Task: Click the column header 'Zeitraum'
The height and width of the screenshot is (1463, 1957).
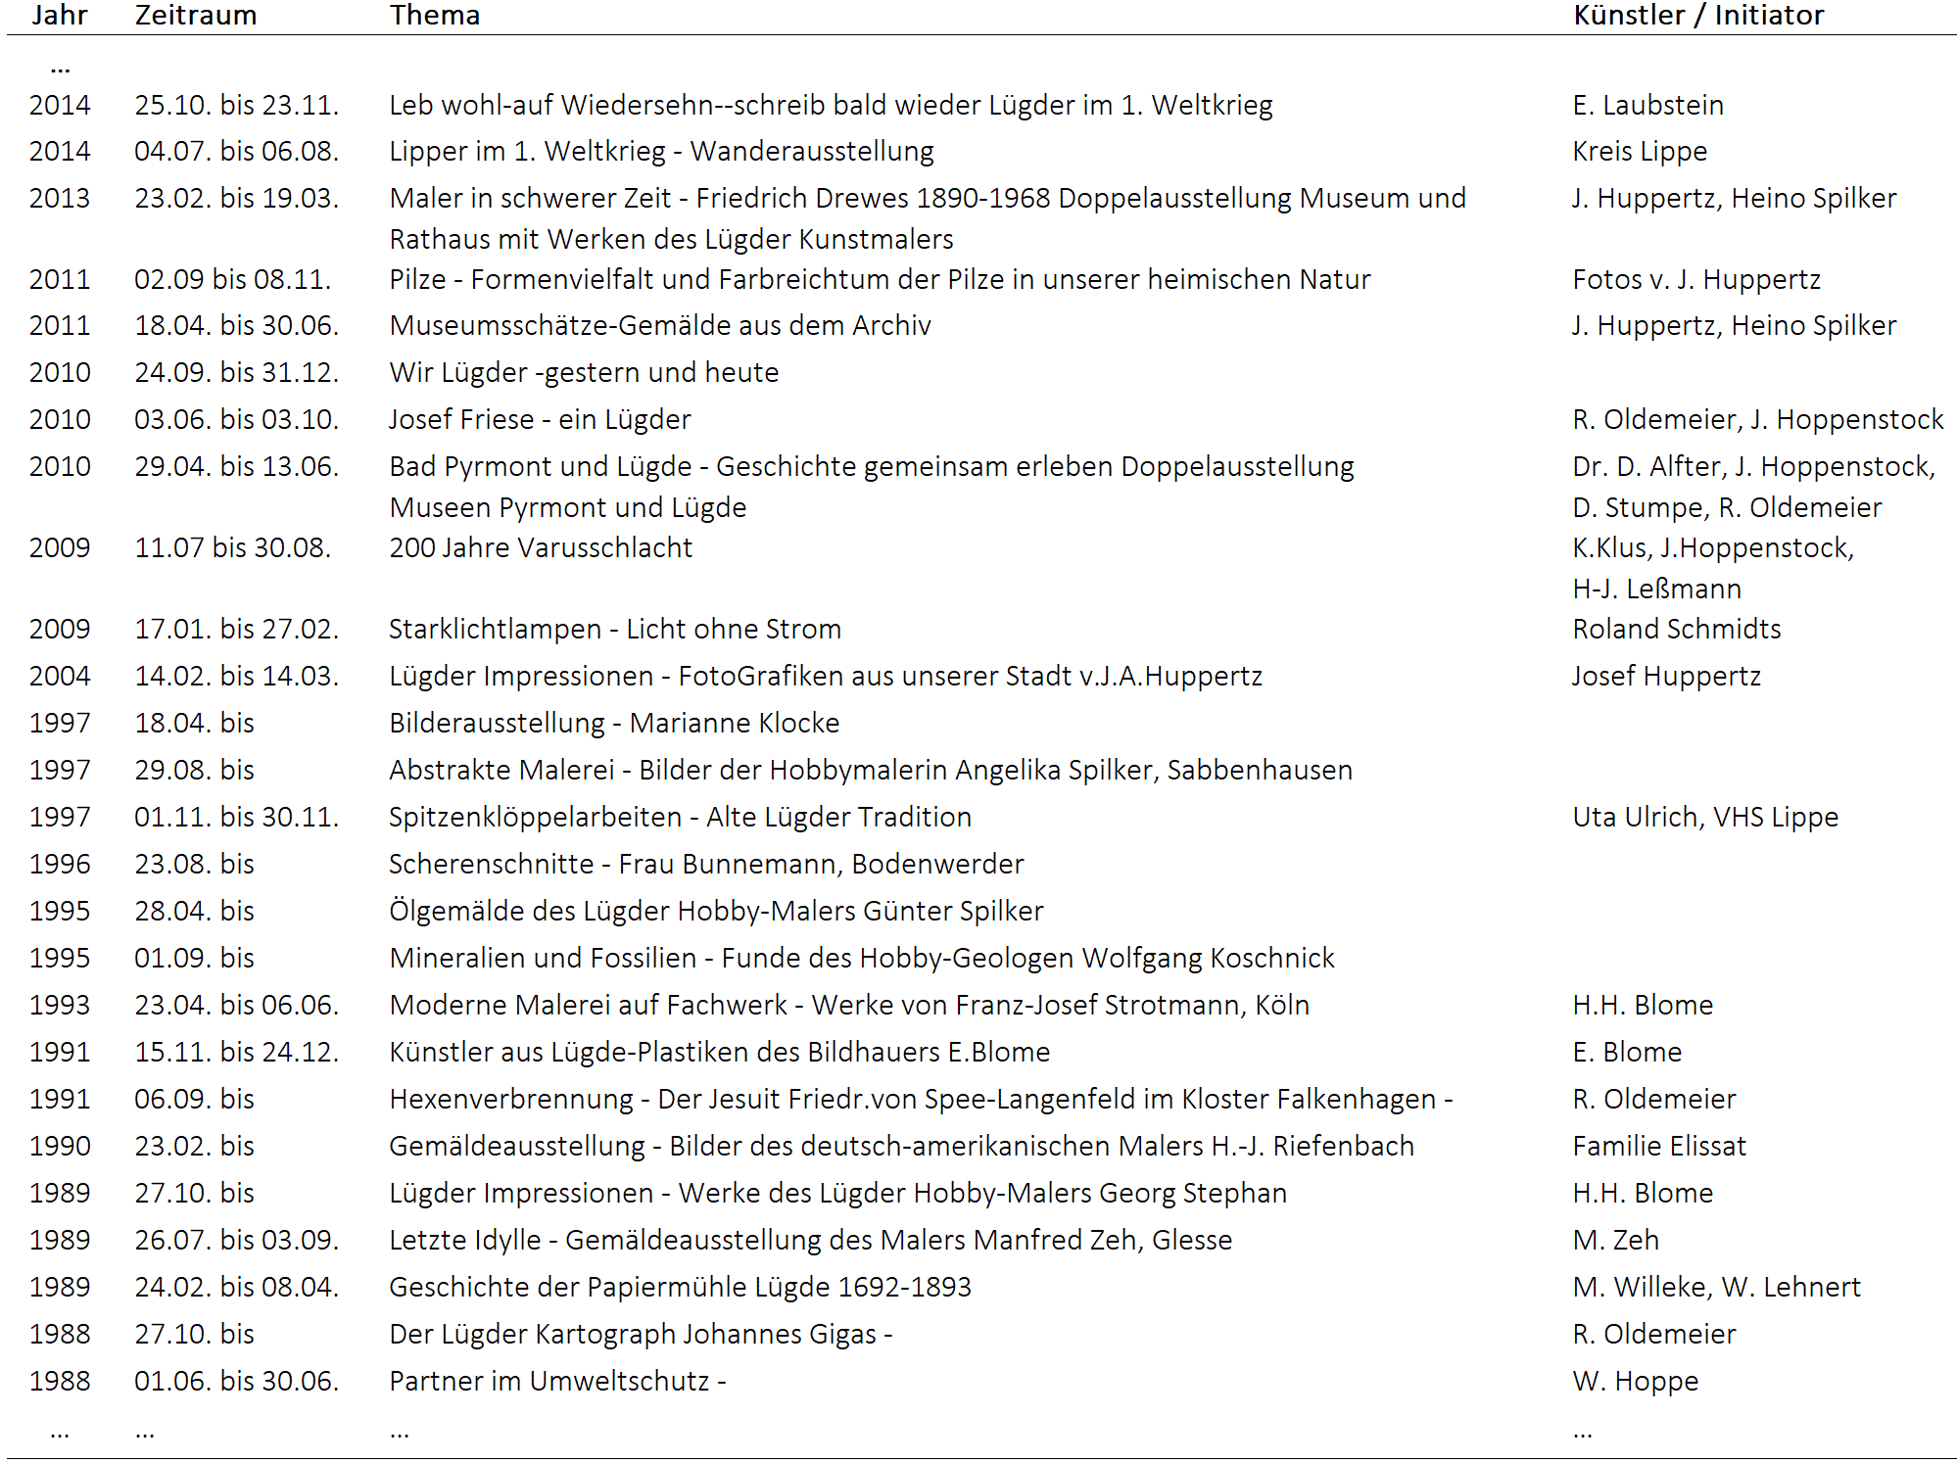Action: tap(196, 16)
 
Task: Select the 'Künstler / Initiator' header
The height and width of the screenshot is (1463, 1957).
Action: tap(1698, 16)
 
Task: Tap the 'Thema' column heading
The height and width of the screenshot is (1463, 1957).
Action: tap(435, 16)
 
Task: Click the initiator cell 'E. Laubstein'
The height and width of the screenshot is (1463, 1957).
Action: tap(1647, 106)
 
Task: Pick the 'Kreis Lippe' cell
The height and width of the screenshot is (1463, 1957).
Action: tap(1640, 152)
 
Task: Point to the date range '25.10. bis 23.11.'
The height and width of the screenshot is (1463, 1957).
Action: tap(236, 106)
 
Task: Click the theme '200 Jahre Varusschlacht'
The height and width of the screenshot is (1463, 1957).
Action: tap(541, 548)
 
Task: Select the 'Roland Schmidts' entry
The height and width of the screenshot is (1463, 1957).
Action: tap(1676, 630)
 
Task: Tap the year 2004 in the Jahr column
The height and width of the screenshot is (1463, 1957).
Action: tap(60, 677)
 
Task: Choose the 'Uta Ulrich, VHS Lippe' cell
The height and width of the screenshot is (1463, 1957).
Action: tap(1705, 818)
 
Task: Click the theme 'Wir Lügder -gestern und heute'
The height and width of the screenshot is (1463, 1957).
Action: tap(584, 373)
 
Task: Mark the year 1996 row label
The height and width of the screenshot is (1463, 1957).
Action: tap(60, 865)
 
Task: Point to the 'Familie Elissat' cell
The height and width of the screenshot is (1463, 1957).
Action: tap(1659, 1147)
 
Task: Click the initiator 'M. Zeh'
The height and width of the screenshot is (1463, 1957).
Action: tap(1615, 1241)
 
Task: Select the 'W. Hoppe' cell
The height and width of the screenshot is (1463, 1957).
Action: tap(1635, 1382)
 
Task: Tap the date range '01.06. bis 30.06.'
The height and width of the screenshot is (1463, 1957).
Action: tap(236, 1382)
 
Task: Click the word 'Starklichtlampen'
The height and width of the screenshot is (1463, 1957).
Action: tap(495, 630)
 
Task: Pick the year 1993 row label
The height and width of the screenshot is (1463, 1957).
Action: tap(60, 1006)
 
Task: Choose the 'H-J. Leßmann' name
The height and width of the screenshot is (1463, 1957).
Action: tap(1656, 590)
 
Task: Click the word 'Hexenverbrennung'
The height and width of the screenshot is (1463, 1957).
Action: tap(511, 1100)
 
